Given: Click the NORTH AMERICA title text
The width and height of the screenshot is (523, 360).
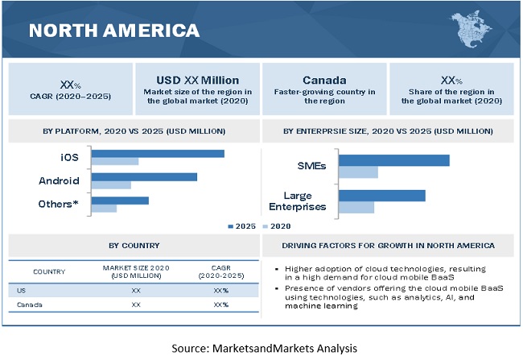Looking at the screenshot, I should coord(113,31).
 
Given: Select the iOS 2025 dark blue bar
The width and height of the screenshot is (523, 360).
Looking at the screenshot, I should coord(158,153).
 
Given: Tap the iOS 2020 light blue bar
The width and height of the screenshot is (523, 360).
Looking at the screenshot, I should coord(115,162).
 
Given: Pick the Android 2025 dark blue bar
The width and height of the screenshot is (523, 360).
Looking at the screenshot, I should coord(144,176).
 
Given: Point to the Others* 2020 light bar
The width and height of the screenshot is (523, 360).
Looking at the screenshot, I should coord(104,209).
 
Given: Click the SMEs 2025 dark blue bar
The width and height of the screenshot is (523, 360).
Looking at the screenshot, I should coord(393,160).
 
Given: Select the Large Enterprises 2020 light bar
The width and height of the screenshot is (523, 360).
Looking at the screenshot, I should coord(356,208).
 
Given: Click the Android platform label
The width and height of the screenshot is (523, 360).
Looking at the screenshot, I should coord(59,180).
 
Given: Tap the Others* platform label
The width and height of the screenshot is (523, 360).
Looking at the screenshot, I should coord(59,204).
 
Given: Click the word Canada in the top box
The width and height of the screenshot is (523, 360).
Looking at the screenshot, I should coord(323,81).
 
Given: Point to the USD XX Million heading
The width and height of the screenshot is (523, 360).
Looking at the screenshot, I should coord(197,81).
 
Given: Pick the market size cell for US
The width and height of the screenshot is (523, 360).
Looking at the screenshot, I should coord(137,288).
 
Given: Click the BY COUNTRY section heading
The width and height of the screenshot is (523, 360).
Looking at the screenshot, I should coord(134,246).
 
